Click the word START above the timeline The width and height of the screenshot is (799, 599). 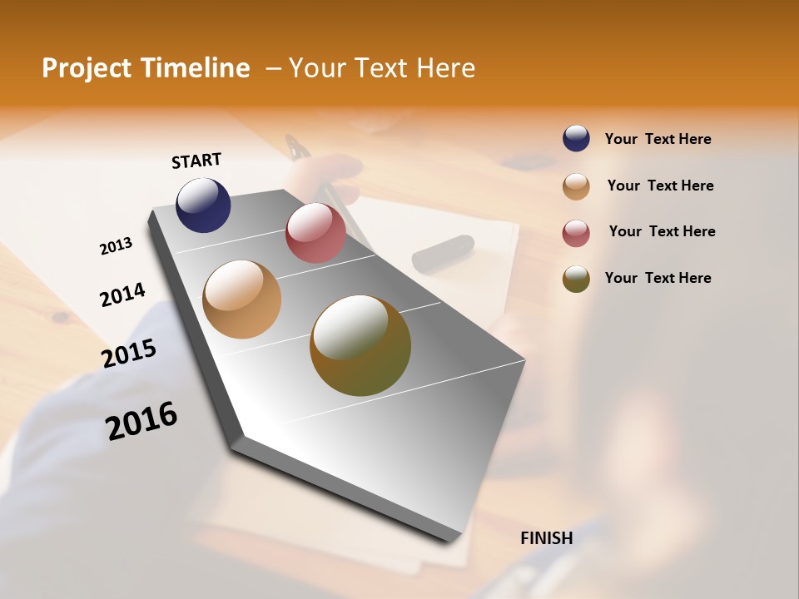coord(196,161)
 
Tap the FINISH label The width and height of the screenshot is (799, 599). coord(547,538)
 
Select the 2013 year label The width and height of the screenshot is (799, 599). coord(116,246)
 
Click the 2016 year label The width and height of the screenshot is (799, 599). coord(141,420)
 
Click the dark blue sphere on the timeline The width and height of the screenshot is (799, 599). coord(203,205)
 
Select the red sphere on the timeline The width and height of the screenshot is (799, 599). coord(315,233)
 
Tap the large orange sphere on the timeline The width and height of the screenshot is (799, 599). coord(241,299)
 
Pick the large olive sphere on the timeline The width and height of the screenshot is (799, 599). coord(360,345)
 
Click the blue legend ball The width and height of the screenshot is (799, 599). coord(576,139)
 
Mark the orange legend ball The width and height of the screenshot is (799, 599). coord(576,186)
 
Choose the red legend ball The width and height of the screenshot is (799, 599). coord(576,233)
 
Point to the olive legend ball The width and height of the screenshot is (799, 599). coord(576,279)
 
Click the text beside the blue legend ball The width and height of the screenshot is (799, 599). coord(658,140)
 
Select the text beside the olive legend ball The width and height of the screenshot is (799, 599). coord(658,278)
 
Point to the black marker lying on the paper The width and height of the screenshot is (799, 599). coord(443,253)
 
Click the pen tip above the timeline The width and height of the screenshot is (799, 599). coord(293,146)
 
